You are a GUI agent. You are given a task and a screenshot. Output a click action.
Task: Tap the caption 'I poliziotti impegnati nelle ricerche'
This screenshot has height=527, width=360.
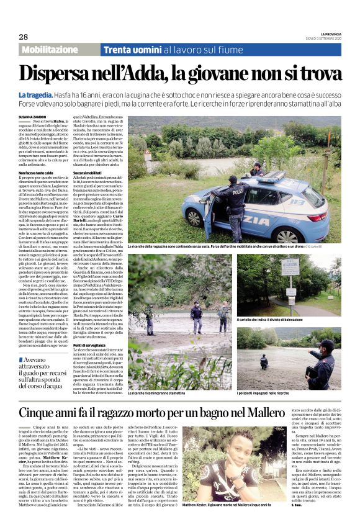click(x=283, y=393)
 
